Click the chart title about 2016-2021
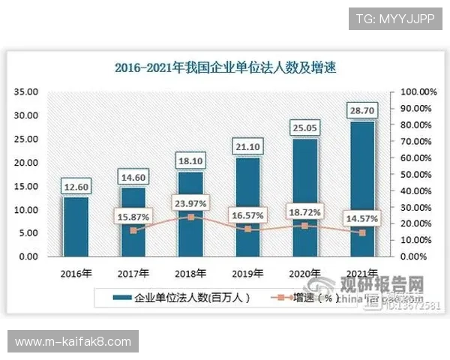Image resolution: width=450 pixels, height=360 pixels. (225, 67)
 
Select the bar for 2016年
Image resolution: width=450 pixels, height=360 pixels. (76, 226)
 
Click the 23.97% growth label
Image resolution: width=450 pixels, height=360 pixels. (190, 202)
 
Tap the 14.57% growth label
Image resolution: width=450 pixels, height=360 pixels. (362, 218)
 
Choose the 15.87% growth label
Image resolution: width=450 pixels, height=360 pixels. (133, 217)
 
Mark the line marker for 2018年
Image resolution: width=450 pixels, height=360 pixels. (190, 217)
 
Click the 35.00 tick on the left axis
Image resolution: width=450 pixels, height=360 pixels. (27, 92)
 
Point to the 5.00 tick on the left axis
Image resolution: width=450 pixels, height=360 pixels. (30, 233)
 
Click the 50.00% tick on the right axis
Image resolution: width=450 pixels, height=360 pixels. (418, 175)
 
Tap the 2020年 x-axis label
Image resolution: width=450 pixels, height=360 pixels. (305, 272)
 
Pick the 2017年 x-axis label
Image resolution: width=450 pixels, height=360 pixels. (133, 272)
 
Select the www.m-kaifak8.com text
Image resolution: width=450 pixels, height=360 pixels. (73, 342)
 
